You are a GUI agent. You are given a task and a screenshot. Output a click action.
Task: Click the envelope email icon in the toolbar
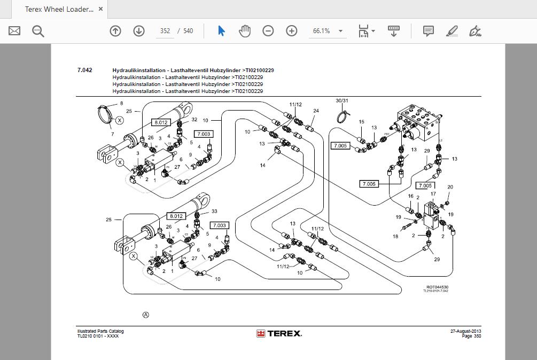pyautogui.click(x=14, y=31)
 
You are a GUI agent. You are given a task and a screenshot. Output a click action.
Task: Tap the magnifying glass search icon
pyautogui.click(x=38, y=31)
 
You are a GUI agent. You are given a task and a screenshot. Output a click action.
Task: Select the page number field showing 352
pyautogui.click(x=165, y=31)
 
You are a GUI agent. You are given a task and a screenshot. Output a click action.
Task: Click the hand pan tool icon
pyautogui.click(x=245, y=31)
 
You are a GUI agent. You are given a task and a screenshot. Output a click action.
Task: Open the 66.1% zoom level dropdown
pyautogui.click(x=328, y=31)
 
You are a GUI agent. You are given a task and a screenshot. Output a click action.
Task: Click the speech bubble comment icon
pyautogui.click(x=428, y=31)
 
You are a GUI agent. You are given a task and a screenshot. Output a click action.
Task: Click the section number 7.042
pyautogui.click(x=84, y=70)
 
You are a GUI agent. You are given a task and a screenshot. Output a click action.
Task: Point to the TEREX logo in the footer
pyautogui.click(x=279, y=334)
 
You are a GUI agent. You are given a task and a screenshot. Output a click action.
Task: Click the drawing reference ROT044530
pyautogui.click(x=437, y=287)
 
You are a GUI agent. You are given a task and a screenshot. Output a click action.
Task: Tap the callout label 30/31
pyautogui.click(x=342, y=100)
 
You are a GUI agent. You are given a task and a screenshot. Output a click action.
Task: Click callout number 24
pyautogui.click(x=316, y=111)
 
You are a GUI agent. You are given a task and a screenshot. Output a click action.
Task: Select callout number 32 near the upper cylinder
pyautogui.click(x=194, y=120)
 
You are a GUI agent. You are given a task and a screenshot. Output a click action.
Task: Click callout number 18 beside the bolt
pyautogui.click(x=395, y=236)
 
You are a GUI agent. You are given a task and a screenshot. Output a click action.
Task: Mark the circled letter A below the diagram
pyautogui.click(x=146, y=315)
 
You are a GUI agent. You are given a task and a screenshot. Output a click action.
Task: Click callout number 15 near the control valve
pyautogui.click(x=361, y=122)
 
